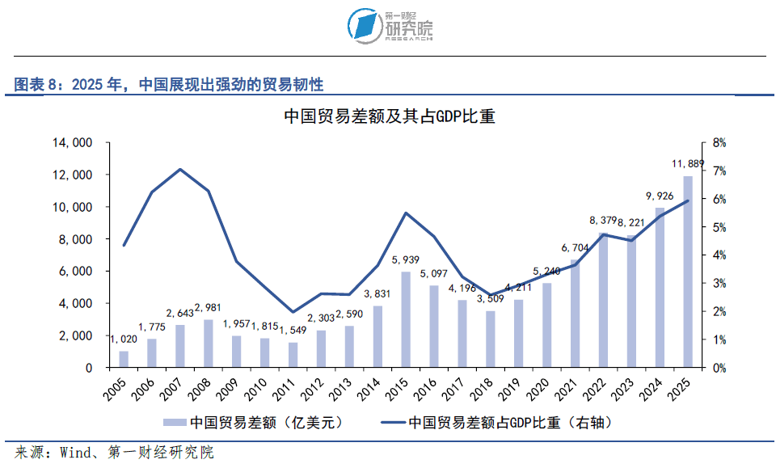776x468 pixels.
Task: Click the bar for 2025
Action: [x=688, y=272]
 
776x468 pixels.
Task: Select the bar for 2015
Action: [x=406, y=320]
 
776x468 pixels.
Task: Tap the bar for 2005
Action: [x=124, y=359]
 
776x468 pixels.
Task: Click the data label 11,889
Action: [x=687, y=164]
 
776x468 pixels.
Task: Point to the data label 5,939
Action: [x=405, y=259]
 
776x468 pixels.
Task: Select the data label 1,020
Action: [x=124, y=339]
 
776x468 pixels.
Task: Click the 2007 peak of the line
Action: [x=180, y=170]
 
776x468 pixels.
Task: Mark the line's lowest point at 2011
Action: [x=293, y=312]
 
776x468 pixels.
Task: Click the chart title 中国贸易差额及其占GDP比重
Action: [x=390, y=116]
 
